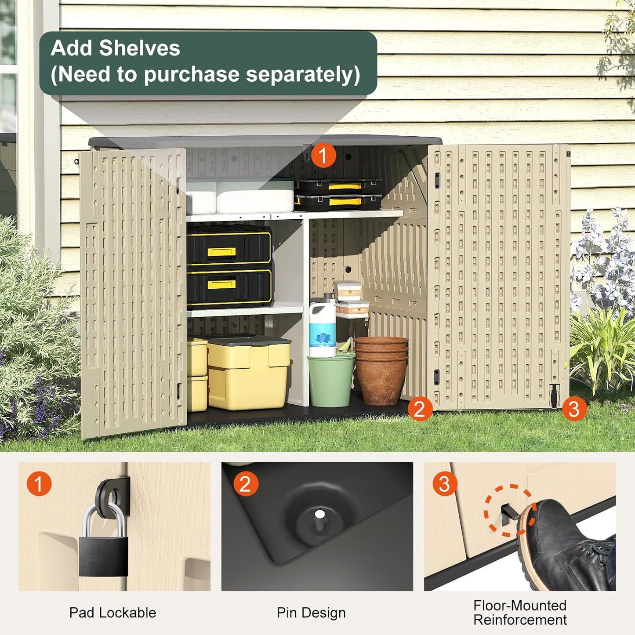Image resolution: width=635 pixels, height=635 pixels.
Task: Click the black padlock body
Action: tap(103, 555)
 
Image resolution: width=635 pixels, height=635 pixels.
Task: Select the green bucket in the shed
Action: tap(330, 381)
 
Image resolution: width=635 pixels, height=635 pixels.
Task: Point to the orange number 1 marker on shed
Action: tap(323, 155)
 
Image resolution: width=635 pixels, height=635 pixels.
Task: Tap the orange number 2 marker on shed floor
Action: tap(420, 409)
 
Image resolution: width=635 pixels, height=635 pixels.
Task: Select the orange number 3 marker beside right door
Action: tap(574, 409)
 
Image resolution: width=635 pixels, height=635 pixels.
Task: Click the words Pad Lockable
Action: tap(112, 613)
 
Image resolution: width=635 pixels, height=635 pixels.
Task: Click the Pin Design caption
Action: tap(311, 613)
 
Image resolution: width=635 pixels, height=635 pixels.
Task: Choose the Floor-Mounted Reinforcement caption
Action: tap(520, 613)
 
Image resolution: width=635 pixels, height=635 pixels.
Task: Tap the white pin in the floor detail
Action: tap(320, 514)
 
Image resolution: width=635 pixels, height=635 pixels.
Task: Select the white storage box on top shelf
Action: tap(255, 196)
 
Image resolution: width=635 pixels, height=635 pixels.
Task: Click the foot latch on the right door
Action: tap(554, 394)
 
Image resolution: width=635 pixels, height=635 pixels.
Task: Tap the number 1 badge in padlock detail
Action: tap(39, 484)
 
